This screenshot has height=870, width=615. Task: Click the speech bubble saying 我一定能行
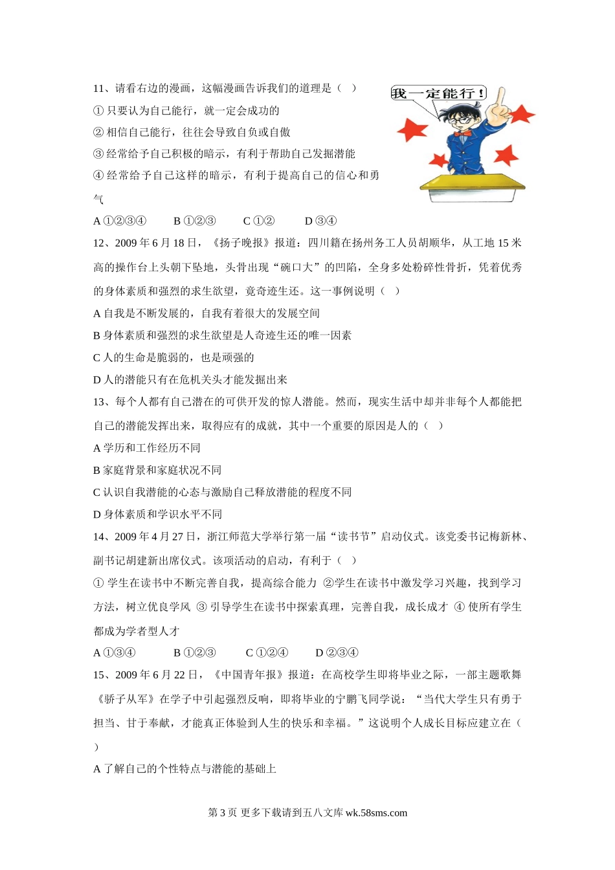pyautogui.click(x=438, y=93)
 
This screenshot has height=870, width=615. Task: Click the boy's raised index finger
pyautogui.click(x=498, y=98)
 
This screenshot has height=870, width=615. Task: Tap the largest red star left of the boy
pyautogui.click(x=412, y=129)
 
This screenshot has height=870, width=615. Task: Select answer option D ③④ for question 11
pyautogui.click(x=320, y=221)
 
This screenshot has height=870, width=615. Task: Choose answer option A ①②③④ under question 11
pyautogui.click(x=120, y=221)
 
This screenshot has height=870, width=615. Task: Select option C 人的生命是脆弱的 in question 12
pyautogui.click(x=173, y=358)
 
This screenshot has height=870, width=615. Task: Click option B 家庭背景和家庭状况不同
pyautogui.click(x=157, y=471)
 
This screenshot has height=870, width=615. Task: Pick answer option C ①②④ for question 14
pyautogui.click(x=267, y=652)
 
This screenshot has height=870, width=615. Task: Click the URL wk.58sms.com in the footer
pyautogui.click(x=376, y=813)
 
